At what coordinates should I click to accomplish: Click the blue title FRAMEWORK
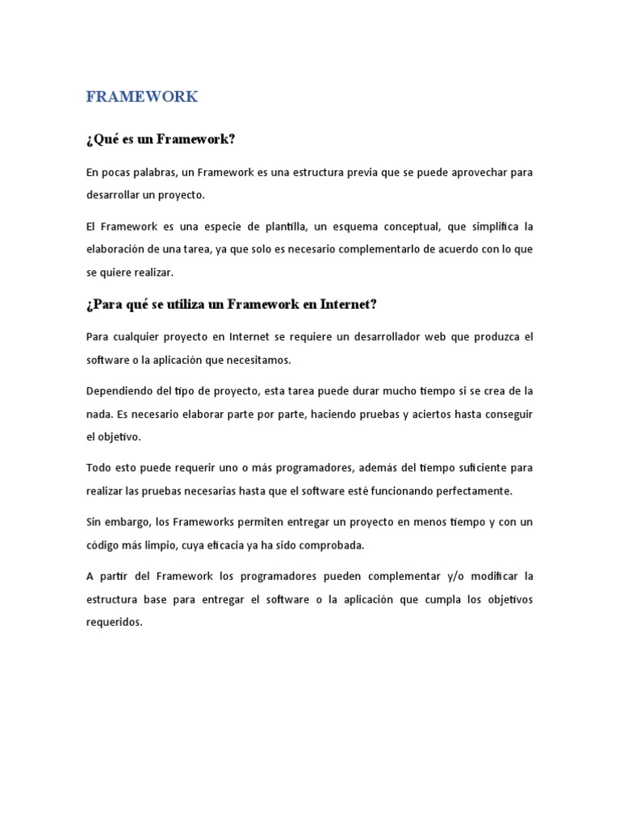[x=141, y=97]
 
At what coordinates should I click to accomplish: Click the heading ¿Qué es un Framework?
[x=160, y=140]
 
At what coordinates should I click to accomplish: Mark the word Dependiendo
[x=119, y=391]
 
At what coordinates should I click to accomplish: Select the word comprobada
[x=330, y=545]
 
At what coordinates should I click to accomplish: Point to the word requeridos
[x=114, y=622]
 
